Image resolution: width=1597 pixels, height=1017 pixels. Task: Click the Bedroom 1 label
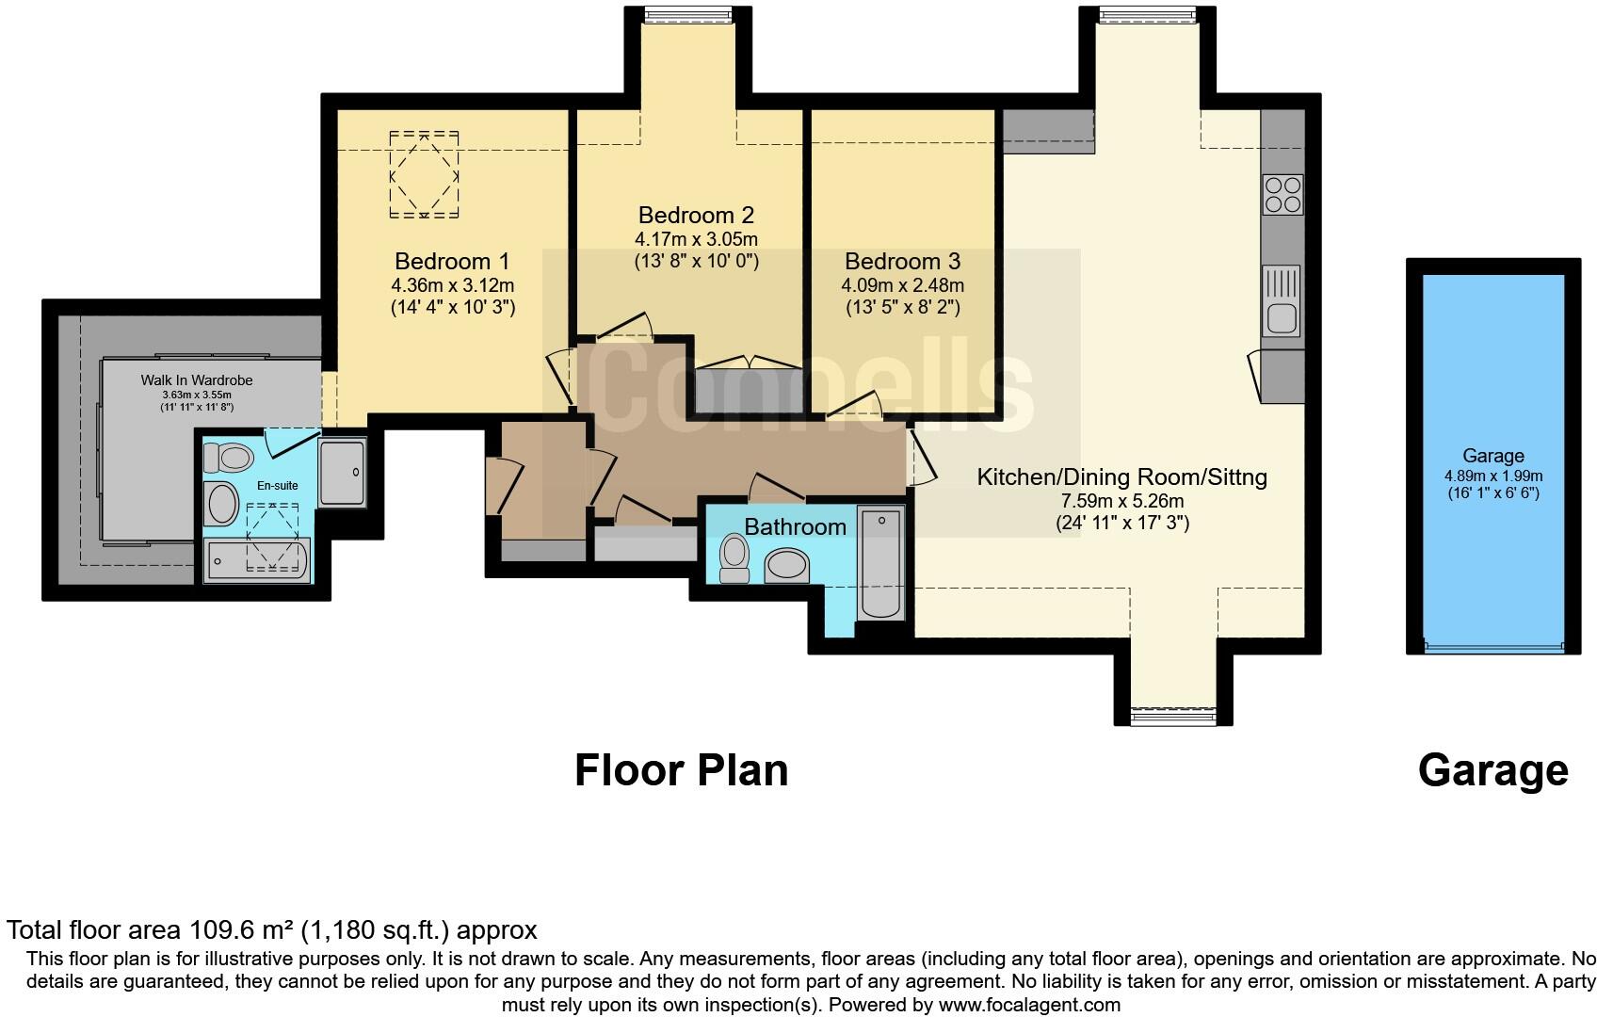(x=452, y=261)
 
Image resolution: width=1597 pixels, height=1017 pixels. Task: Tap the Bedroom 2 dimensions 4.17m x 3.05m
(x=696, y=239)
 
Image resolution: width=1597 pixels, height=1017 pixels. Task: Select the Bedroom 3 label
(x=903, y=261)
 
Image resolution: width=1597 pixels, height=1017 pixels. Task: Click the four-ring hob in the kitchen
(x=1282, y=195)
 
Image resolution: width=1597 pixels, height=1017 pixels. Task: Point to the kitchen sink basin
(x=1282, y=318)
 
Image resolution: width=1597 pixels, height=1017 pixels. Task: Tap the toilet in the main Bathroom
(x=734, y=558)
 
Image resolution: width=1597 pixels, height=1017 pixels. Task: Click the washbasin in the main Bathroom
(x=787, y=566)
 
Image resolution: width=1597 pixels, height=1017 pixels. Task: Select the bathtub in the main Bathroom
(x=881, y=563)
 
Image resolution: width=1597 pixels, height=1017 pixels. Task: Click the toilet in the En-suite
(x=228, y=457)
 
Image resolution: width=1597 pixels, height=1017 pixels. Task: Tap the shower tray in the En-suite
(x=342, y=472)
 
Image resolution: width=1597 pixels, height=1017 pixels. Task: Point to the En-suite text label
(x=278, y=486)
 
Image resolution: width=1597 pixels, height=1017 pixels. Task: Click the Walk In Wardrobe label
(x=197, y=380)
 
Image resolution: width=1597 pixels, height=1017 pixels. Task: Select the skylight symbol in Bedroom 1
(x=424, y=174)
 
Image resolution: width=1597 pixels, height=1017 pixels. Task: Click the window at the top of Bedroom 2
(x=687, y=14)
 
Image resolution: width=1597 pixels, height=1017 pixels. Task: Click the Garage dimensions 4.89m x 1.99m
(x=1493, y=476)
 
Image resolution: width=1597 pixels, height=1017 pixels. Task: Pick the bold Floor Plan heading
(x=682, y=771)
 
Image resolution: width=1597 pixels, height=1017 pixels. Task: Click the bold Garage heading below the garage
(x=1493, y=771)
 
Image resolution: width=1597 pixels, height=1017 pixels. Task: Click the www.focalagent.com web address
(x=1029, y=1005)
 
